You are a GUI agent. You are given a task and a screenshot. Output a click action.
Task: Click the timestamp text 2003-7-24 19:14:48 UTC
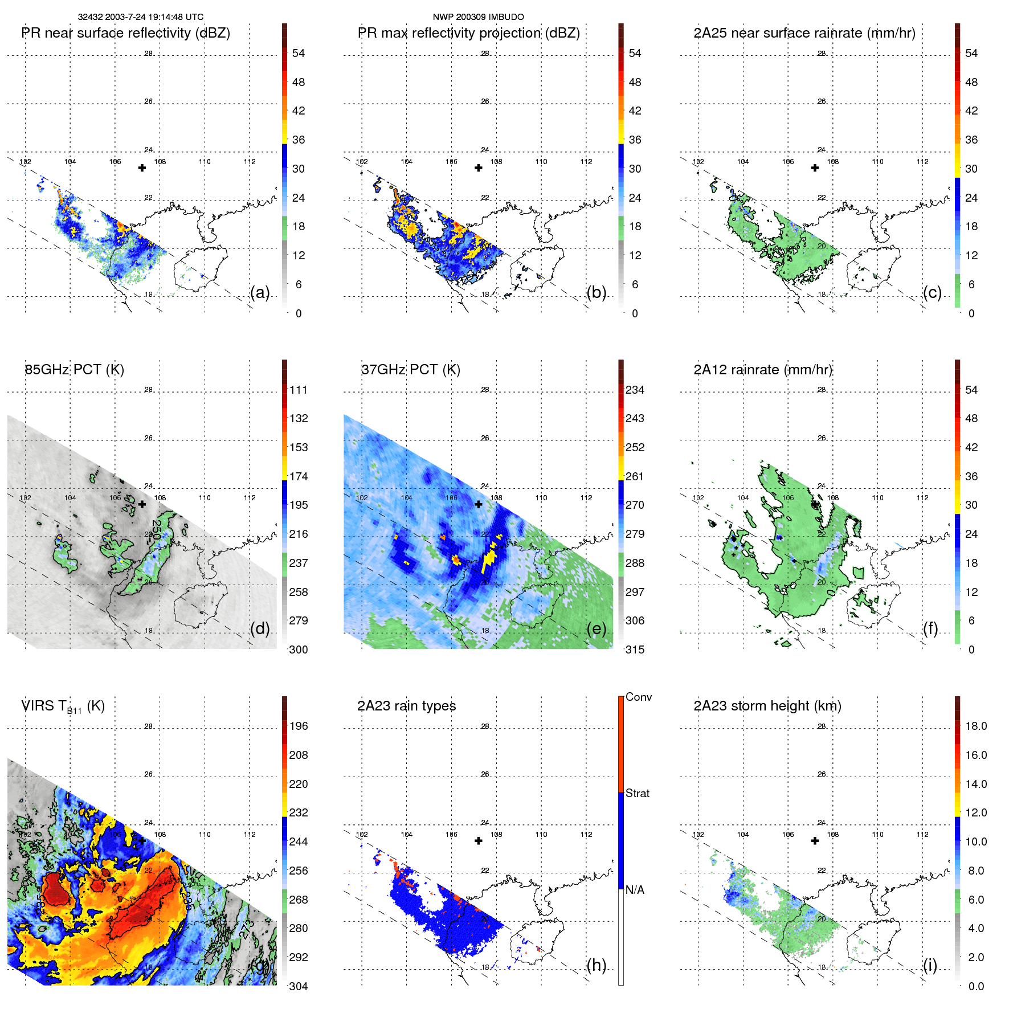(x=154, y=17)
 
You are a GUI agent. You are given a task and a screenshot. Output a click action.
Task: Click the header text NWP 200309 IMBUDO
(x=478, y=17)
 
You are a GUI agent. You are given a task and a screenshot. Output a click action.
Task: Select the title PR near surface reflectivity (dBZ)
(x=126, y=33)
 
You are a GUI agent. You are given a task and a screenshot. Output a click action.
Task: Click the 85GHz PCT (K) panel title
(x=75, y=370)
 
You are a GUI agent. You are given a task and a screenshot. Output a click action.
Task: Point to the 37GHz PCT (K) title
(x=411, y=370)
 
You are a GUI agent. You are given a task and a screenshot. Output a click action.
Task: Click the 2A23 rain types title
(x=407, y=706)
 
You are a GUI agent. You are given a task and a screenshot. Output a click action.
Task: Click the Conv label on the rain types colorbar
(x=639, y=697)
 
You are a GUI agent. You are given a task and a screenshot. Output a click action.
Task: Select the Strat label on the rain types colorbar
(x=638, y=793)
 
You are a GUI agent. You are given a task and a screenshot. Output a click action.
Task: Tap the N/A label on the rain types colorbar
(x=635, y=890)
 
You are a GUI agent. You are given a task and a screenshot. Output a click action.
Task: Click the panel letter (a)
(x=260, y=292)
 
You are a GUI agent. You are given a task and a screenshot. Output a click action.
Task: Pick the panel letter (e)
(x=597, y=628)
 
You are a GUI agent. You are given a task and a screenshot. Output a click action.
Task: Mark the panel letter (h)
(x=597, y=965)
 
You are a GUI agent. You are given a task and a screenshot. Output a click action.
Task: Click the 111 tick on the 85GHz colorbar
(x=299, y=390)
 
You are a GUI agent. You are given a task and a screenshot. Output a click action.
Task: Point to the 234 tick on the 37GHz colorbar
(x=635, y=390)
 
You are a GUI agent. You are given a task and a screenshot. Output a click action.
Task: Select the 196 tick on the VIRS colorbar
(x=299, y=726)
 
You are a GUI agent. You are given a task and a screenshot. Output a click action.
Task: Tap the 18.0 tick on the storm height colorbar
(x=976, y=726)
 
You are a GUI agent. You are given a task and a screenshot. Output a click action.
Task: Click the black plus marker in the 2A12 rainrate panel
(x=815, y=504)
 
